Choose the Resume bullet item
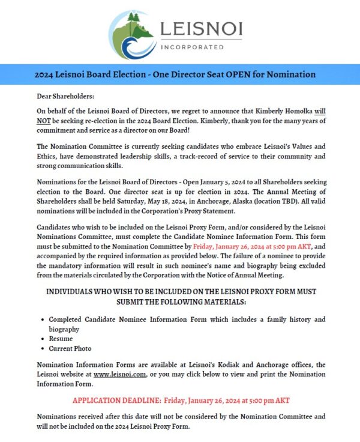tap(61, 339)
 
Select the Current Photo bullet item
tap(70, 348)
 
